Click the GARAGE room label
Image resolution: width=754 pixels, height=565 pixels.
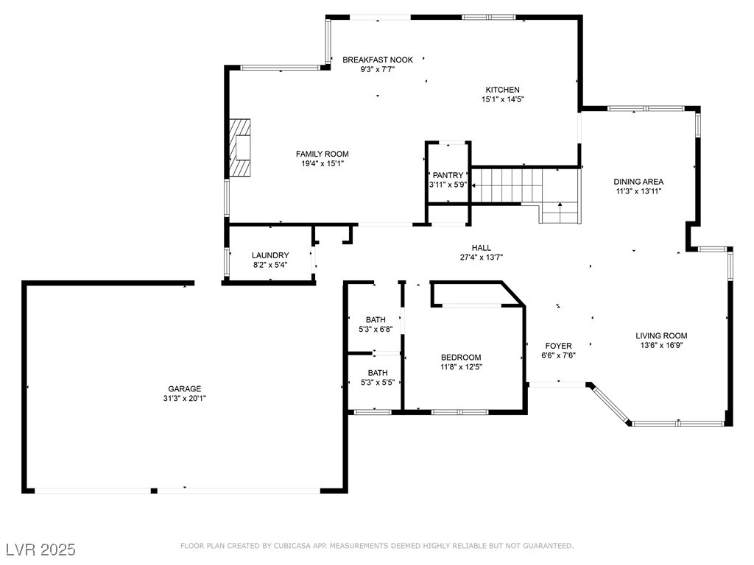click(x=185, y=388)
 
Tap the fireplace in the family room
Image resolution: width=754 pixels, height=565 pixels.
click(x=240, y=147)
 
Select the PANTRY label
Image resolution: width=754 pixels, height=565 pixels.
click(x=448, y=175)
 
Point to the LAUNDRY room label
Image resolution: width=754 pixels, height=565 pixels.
click(x=270, y=255)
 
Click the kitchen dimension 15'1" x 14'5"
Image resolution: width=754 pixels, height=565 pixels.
click(x=502, y=99)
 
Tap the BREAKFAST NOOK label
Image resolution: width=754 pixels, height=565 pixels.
click(x=378, y=60)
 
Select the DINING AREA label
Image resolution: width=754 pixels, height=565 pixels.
click(x=638, y=182)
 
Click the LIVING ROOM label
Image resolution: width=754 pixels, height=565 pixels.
click(x=661, y=335)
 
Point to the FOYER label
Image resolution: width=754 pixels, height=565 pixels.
click(x=558, y=346)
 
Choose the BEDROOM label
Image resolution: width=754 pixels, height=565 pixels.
click(x=461, y=358)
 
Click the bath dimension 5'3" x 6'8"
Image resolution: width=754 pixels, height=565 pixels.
click(x=376, y=330)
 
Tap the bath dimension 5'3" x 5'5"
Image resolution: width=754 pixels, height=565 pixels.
click(x=378, y=383)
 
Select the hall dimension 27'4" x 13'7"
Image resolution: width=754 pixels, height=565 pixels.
click(x=482, y=257)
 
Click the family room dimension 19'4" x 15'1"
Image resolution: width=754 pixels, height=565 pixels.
click(x=323, y=164)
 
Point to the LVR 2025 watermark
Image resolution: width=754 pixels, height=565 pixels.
click(x=40, y=550)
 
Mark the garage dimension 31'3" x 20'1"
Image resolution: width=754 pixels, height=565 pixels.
click(x=185, y=398)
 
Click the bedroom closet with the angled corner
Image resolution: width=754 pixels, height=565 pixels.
click(x=477, y=294)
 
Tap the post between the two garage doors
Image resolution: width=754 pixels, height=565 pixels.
click(x=154, y=491)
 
